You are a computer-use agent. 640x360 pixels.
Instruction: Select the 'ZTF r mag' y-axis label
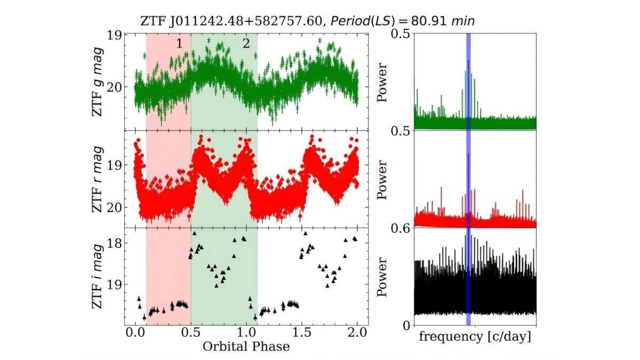[98, 179]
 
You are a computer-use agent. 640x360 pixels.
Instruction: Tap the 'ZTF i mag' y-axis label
[98, 276]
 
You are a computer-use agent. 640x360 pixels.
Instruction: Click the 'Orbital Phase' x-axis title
[246, 347]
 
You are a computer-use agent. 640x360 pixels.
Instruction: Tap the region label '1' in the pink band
[180, 44]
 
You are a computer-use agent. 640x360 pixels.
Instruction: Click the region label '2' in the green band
[246, 44]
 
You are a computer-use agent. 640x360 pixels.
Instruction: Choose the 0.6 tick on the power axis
[399, 228]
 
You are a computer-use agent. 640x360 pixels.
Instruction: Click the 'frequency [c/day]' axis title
[475, 337]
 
